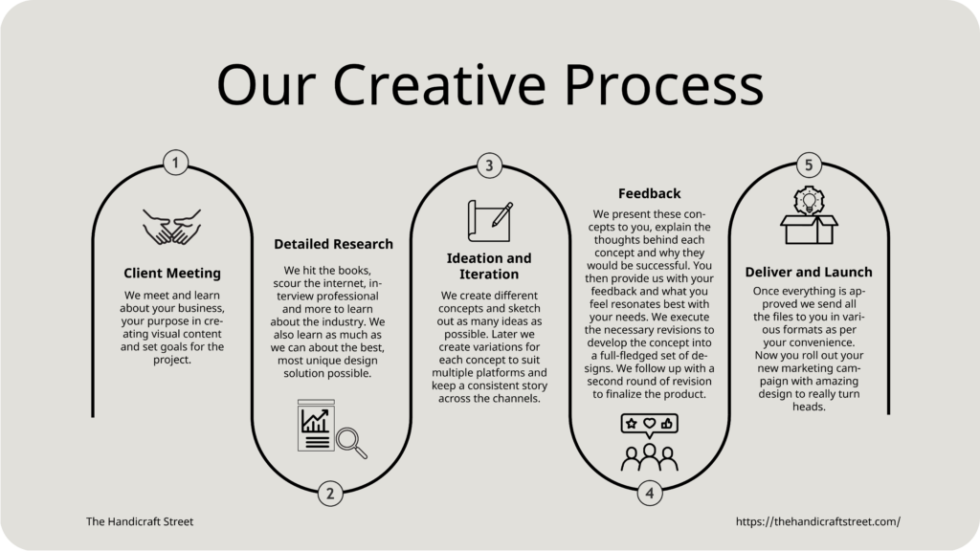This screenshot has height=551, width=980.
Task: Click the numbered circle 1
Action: pyautogui.click(x=176, y=163)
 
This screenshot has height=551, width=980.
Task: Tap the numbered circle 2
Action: pyautogui.click(x=330, y=494)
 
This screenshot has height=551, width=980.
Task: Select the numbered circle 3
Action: pyautogui.click(x=489, y=165)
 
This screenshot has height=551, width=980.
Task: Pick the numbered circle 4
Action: pyautogui.click(x=650, y=494)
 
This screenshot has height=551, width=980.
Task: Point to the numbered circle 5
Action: pyautogui.click(x=809, y=165)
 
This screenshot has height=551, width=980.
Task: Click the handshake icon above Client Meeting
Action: pyautogui.click(x=172, y=227)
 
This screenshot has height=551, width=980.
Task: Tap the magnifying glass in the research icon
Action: pyautogui.click(x=351, y=443)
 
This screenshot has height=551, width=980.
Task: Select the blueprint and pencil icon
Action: pyautogui.click(x=491, y=221)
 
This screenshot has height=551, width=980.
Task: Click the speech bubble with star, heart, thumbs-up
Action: pyautogui.click(x=650, y=425)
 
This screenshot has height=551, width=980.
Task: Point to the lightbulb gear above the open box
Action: pyautogui.click(x=809, y=201)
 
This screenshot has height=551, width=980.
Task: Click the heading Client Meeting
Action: pyautogui.click(x=172, y=273)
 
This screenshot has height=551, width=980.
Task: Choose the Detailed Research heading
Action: pyautogui.click(x=333, y=244)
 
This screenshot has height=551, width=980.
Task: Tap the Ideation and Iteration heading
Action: pyautogui.click(x=489, y=266)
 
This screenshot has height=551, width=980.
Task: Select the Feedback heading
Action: pyautogui.click(x=650, y=193)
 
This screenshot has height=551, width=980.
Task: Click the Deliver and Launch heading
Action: pyautogui.click(x=809, y=272)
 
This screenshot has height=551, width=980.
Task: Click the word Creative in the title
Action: pyautogui.click(x=439, y=84)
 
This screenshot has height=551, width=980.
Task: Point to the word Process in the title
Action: pyautogui.click(x=664, y=84)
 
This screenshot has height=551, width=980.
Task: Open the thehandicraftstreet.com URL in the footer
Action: pyautogui.click(x=818, y=521)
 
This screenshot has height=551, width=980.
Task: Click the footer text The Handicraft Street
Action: pyautogui.click(x=140, y=521)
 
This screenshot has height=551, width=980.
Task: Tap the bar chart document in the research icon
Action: pyautogui.click(x=316, y=426)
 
